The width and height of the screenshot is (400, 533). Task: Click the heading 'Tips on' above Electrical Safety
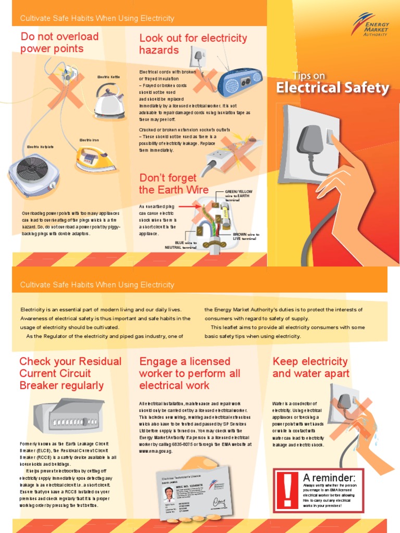point(309,75)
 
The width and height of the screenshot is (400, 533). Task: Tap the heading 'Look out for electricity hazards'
point(193,44)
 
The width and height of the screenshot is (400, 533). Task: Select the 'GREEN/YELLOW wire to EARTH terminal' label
point(239,196)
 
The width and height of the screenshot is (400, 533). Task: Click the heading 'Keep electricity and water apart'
point(311,367)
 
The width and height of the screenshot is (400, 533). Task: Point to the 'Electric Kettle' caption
point(108,77)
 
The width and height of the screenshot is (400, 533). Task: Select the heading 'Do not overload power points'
point(59,43)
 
